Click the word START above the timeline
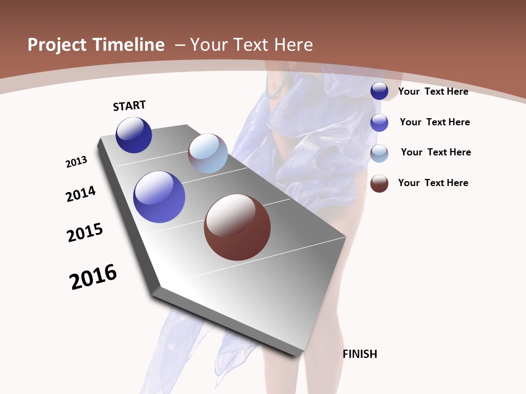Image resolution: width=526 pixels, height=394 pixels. click(129, 106)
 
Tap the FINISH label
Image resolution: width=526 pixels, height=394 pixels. click(360, 354)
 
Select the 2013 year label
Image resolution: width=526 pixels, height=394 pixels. click(76, 162)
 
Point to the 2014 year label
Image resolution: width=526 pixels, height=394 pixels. click(81, 194)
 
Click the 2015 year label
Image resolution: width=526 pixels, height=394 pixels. click(85, 233)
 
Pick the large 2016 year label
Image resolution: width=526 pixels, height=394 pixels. click(93, 277)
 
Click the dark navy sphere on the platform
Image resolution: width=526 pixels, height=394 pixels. click(134, 135)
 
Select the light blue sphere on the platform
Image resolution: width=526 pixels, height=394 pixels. click(208, 153)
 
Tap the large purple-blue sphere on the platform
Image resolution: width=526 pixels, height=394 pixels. click(159, 197)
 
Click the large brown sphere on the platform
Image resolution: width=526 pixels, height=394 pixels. click(237, 227)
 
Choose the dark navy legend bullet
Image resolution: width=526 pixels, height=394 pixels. click(379, 91)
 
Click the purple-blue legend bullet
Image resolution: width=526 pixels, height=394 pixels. click(379, 123)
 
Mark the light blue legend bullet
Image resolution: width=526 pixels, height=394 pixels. click(379, 153)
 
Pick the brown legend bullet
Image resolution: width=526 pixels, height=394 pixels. click(379, 183)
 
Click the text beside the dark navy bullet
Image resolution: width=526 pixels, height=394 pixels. click(433, 91)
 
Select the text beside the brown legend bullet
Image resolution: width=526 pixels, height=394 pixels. click(433, 183)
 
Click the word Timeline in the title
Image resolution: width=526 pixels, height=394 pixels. click(129, 45)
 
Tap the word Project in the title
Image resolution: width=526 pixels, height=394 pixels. click(58, 45)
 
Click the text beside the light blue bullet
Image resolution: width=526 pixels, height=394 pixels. click(436, 152)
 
